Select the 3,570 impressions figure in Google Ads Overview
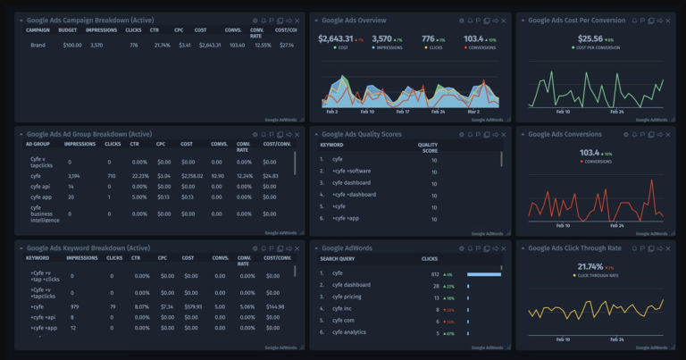tap(381, 38)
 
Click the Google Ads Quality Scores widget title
tap(361, 134)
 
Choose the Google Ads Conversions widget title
tap(565, 134)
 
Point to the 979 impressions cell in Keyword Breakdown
tap(77, 306)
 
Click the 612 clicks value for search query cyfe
tap(434, 273)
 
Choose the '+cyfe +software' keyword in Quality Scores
tap(352, 170)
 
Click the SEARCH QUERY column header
tap(340, 259)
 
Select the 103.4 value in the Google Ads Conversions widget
tap(590, 153)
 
